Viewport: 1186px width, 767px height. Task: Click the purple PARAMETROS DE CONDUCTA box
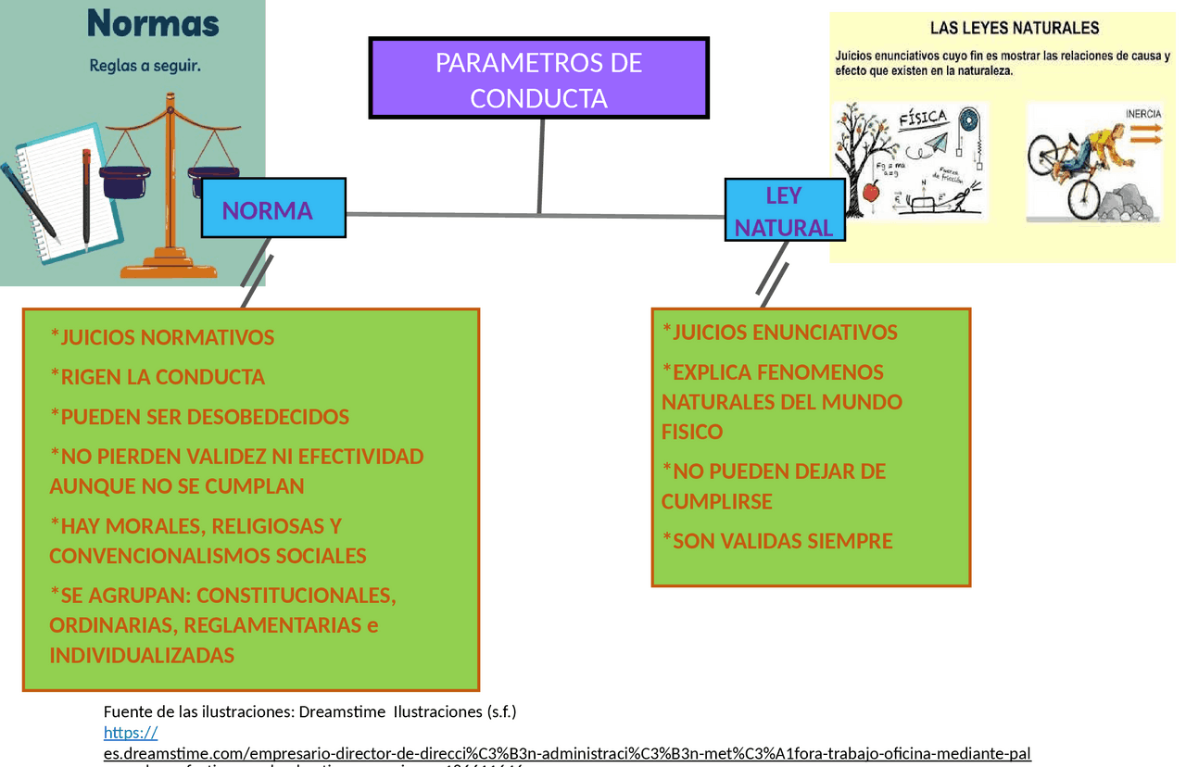click(x=538, y=79)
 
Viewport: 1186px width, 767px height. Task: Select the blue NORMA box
click(x=273, y=208)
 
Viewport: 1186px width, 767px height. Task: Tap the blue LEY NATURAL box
click(x=784, y=211)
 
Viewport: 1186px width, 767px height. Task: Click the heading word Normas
click(x=153, y=23)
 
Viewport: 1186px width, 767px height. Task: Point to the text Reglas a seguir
click(x=145, y=66)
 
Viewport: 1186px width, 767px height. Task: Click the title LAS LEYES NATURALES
click(x=1015, y=29)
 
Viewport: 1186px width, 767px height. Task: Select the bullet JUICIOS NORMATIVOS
click(x=162, y=337)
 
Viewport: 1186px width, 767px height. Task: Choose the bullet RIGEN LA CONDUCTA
click(x=158, y=377)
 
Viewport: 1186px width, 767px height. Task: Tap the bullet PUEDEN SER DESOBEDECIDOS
click(x=199, y=417)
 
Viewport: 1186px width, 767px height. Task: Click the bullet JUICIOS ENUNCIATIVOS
click(x=780, y=333)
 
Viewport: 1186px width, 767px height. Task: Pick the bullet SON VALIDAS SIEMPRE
click(x=777, y=541)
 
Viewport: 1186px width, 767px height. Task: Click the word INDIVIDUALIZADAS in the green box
click(x=142, y=656)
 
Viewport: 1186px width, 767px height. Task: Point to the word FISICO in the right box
click(x=691, y=433)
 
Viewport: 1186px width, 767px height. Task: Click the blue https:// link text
click(x=131, y=733)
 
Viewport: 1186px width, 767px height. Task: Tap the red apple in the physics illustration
click(x=870, y=192)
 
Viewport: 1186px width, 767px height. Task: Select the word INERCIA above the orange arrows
click(x=1143, y=114)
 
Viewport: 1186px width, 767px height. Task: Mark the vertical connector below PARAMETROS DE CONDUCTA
click(x=540, y=167)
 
